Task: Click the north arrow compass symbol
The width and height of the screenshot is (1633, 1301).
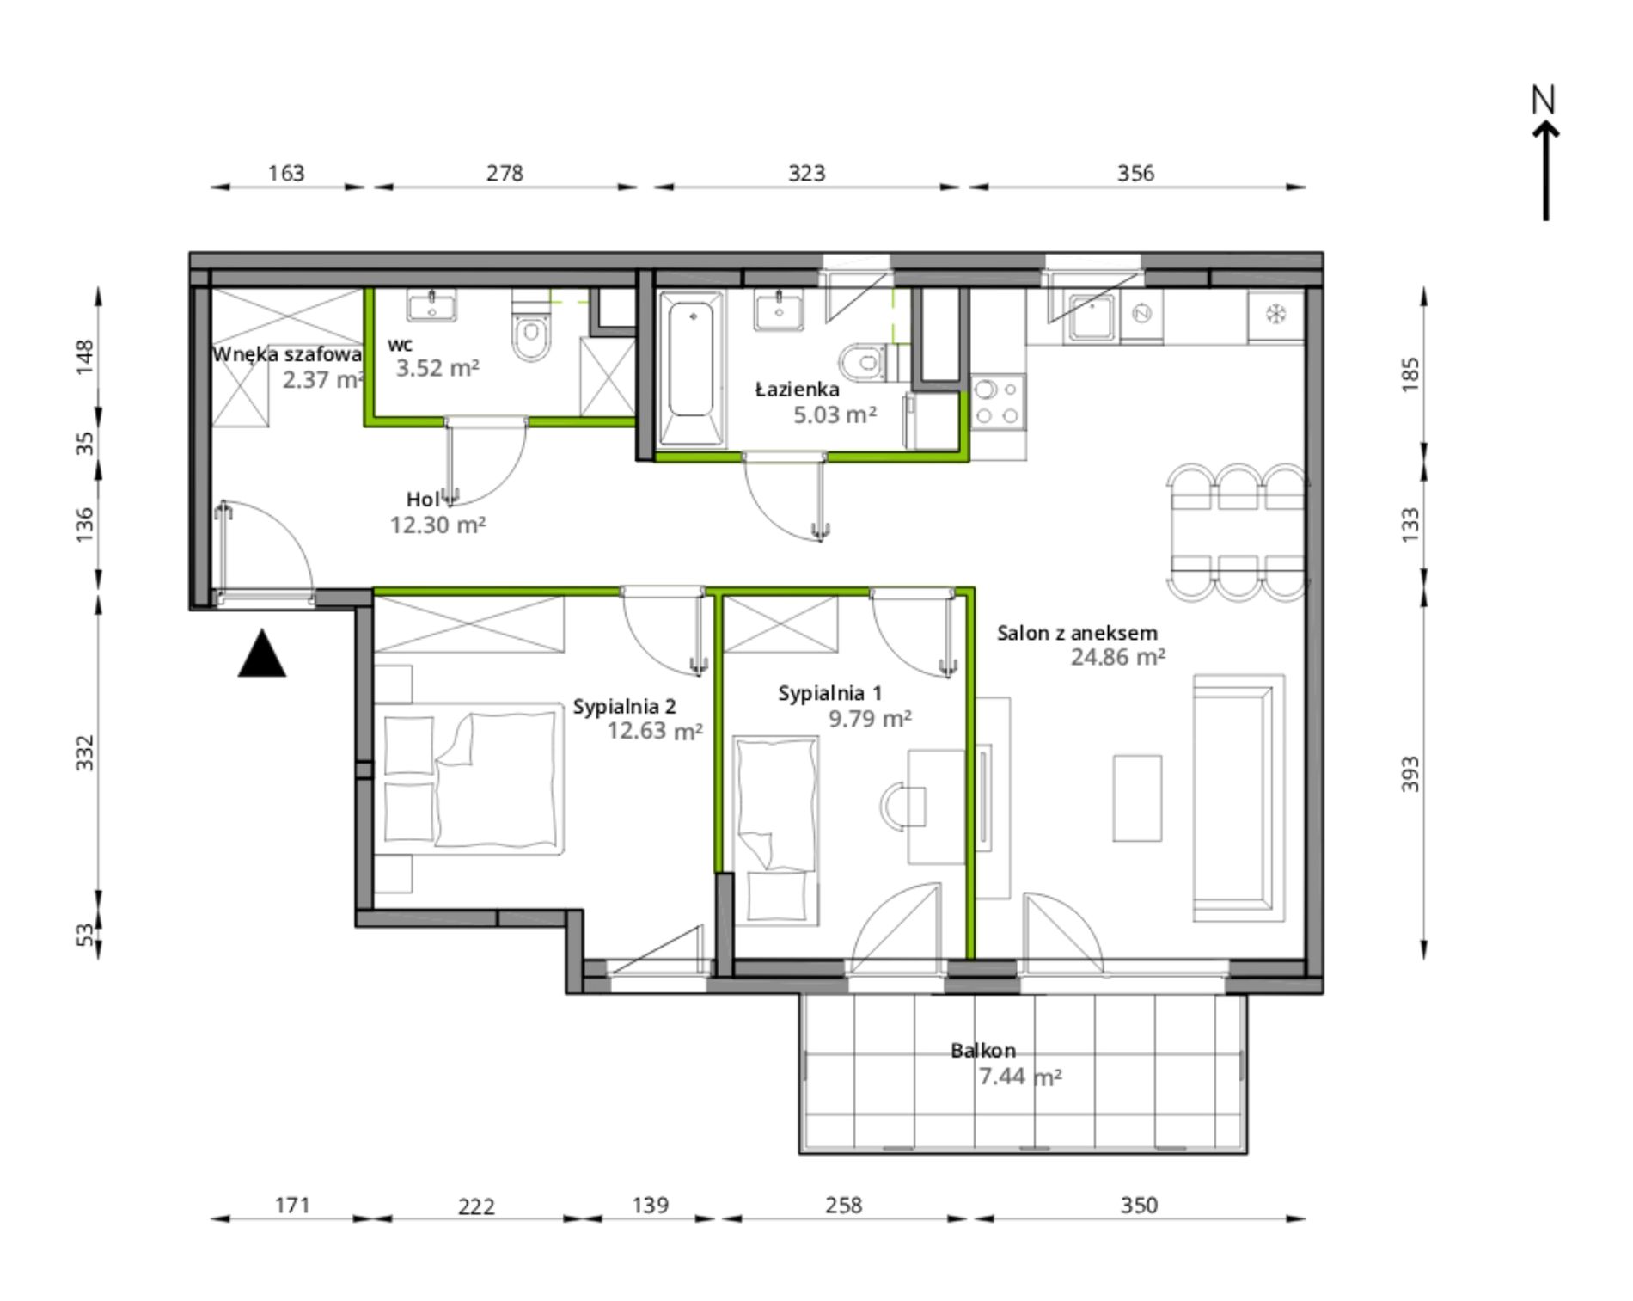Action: click(1545, 155)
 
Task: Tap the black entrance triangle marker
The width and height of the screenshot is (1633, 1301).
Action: click(262, 654)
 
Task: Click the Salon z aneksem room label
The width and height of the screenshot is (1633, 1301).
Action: click(1077, 634)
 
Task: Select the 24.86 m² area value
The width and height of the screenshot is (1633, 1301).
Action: click(1117, 658)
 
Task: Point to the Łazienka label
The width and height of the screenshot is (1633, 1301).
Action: click(797, 390)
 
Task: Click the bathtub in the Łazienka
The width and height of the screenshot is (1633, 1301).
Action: click(690, 368)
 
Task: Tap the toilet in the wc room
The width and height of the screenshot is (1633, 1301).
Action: click(530, 326)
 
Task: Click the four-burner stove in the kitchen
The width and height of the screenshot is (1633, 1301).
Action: click(998, 402)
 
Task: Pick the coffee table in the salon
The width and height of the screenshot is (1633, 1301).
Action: click(1137, 798)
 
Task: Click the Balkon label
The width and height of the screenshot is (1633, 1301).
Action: click(983, 1051)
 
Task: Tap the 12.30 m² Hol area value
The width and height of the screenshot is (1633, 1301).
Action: click(438, 525)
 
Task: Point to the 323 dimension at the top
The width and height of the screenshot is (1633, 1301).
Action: click(806, 174)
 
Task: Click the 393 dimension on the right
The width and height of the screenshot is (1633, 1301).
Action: click(1410, 774)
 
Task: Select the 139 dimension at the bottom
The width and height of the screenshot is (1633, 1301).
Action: click(650, 1206)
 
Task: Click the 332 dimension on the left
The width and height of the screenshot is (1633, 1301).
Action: click(85, 753)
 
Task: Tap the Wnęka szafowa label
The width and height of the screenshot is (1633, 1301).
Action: click(287, 354)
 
